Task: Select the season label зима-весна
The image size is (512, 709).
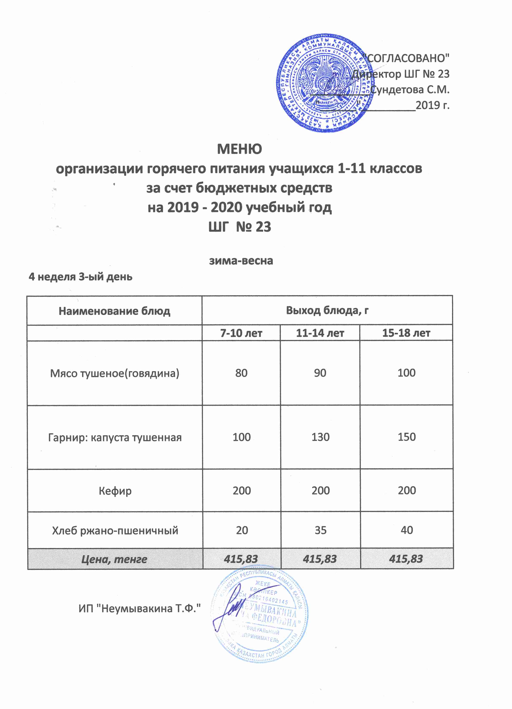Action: click(x=241, y=260)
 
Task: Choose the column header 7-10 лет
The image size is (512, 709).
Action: click(x=241, y=333)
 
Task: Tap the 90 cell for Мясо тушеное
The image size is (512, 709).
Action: click(x=320, y=373)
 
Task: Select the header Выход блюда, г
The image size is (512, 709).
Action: click(x=327, y=310)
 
